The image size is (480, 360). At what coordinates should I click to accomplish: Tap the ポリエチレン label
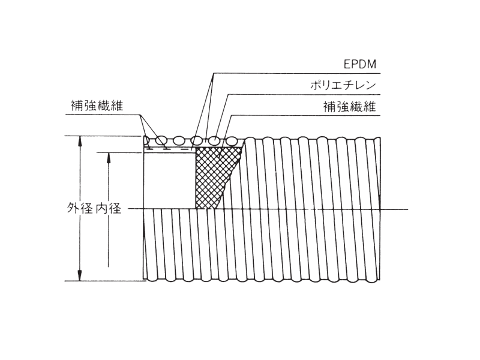point(343,85)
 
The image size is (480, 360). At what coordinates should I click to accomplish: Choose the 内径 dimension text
point(109,209)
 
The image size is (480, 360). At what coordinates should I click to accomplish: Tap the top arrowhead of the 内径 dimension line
point(108,157)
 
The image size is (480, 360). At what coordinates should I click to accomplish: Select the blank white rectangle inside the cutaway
point(171,180)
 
